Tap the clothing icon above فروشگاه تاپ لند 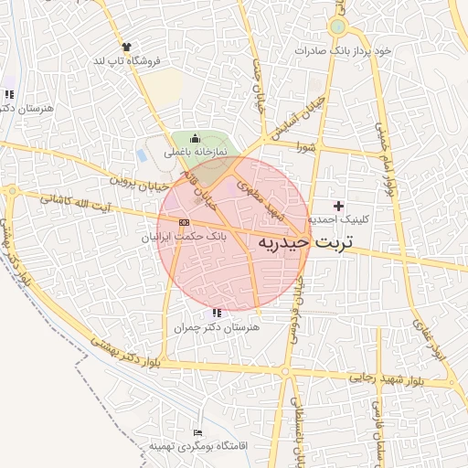pos(126,47)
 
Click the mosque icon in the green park pos(195,138)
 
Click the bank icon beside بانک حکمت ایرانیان pos(185,222)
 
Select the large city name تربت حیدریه pos(309,244)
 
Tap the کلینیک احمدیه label pos(338,219)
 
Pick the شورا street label pos(305,146)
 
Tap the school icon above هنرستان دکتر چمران pos(215,314)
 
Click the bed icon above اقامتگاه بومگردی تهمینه pos(197,432)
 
